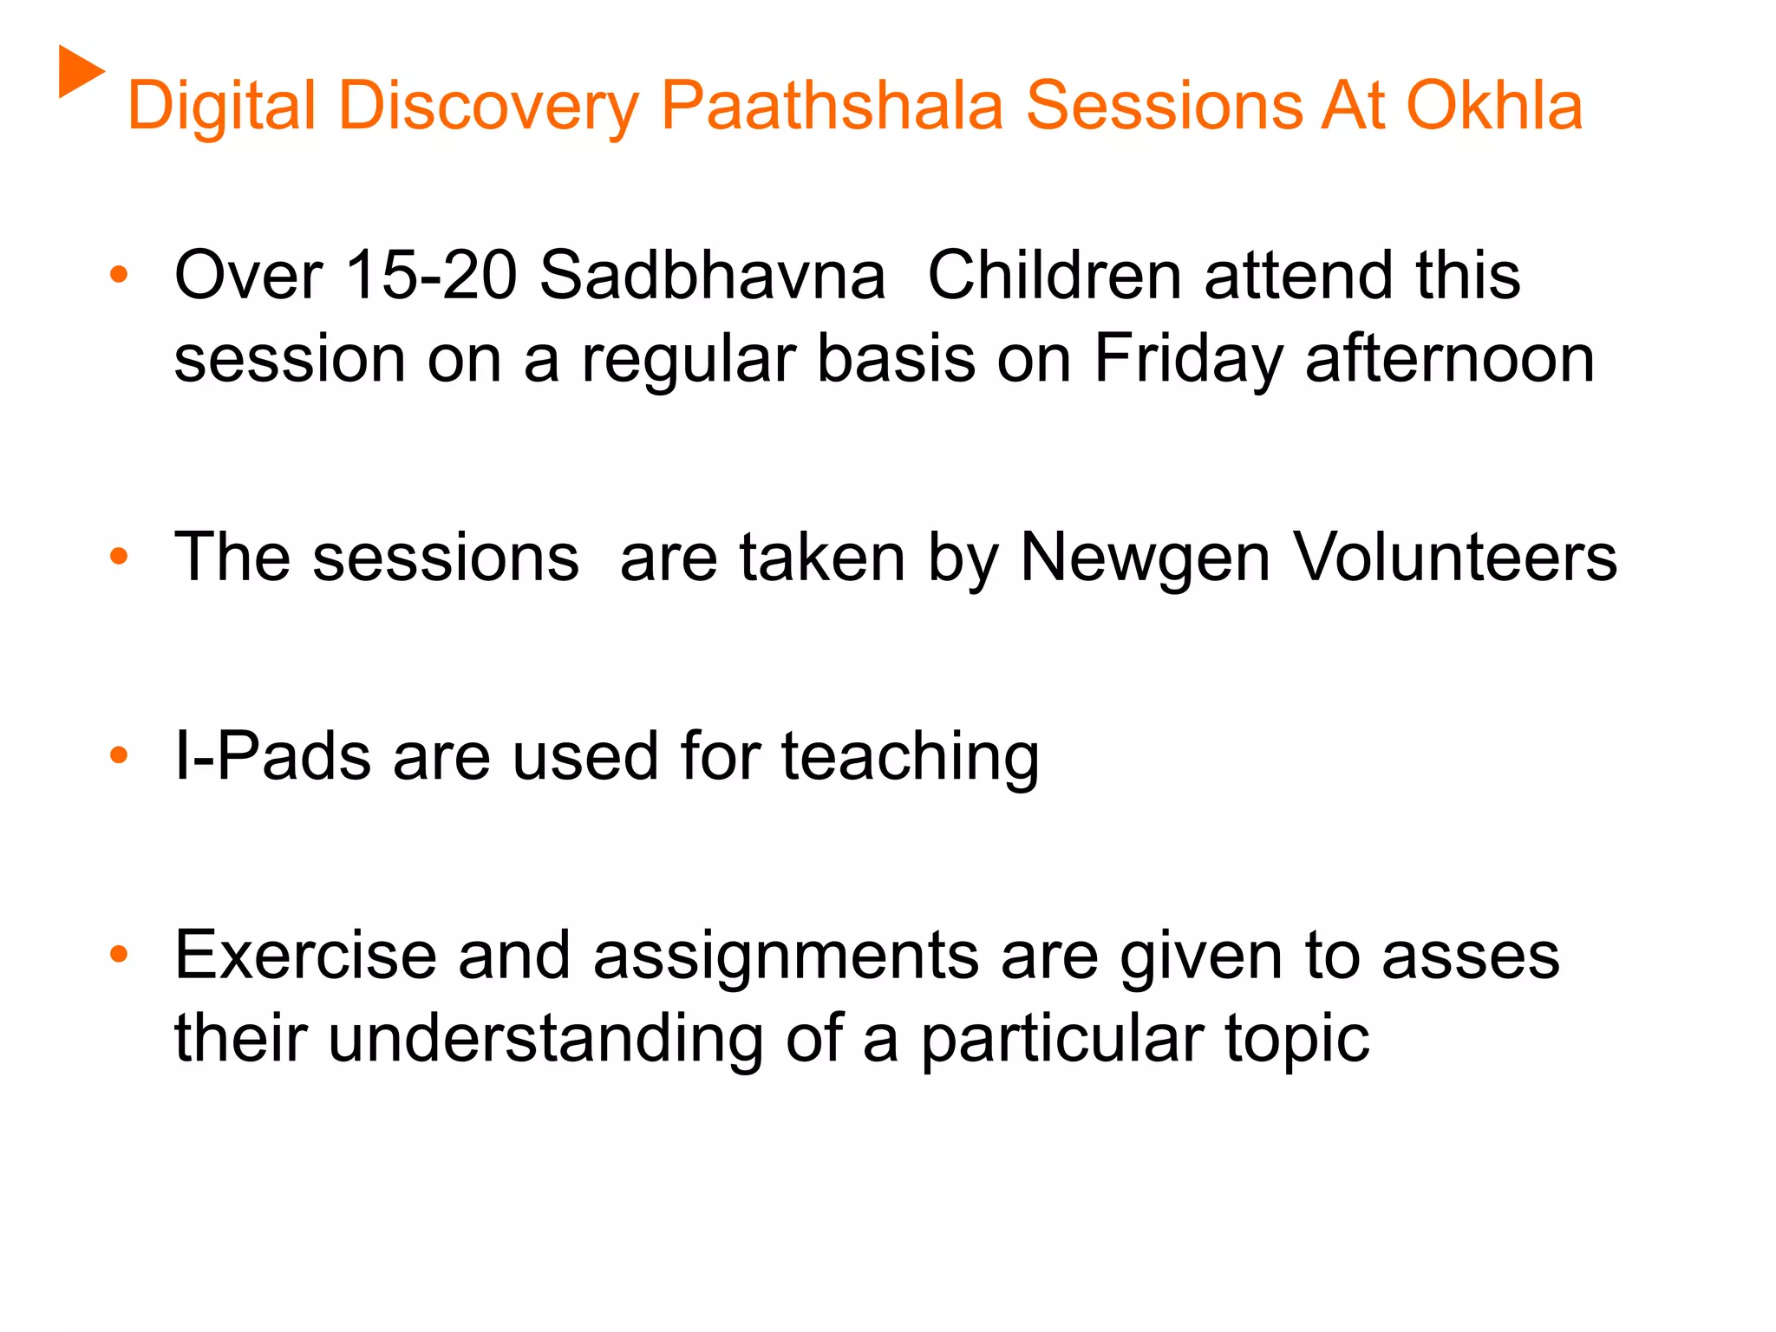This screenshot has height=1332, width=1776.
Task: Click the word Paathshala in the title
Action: pyautogui.click(x=832, y=106)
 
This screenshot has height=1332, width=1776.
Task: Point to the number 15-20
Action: pyautogui.click(x=431, y=275)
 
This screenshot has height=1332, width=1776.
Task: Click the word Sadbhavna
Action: pyautogui.click(x=712, y=275)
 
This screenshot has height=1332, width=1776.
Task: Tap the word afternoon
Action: pyautogui.click(x=1450, y=358)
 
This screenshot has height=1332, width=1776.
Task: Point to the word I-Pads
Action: pyautogui.click(x=272, y=755)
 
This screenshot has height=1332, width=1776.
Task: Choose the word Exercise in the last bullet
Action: pyautogui.click(x=305, y=955)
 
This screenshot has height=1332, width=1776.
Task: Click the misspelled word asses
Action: pyautogui.click(x=1471, y=957)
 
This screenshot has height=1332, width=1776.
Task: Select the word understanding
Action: pyautogui.click(x=545, y=1040)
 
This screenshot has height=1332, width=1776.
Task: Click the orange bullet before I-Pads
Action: pyautogui.click(x=119, y=755)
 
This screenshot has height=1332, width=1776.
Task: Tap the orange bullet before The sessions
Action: pyautogui.click(x=119, y=556)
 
